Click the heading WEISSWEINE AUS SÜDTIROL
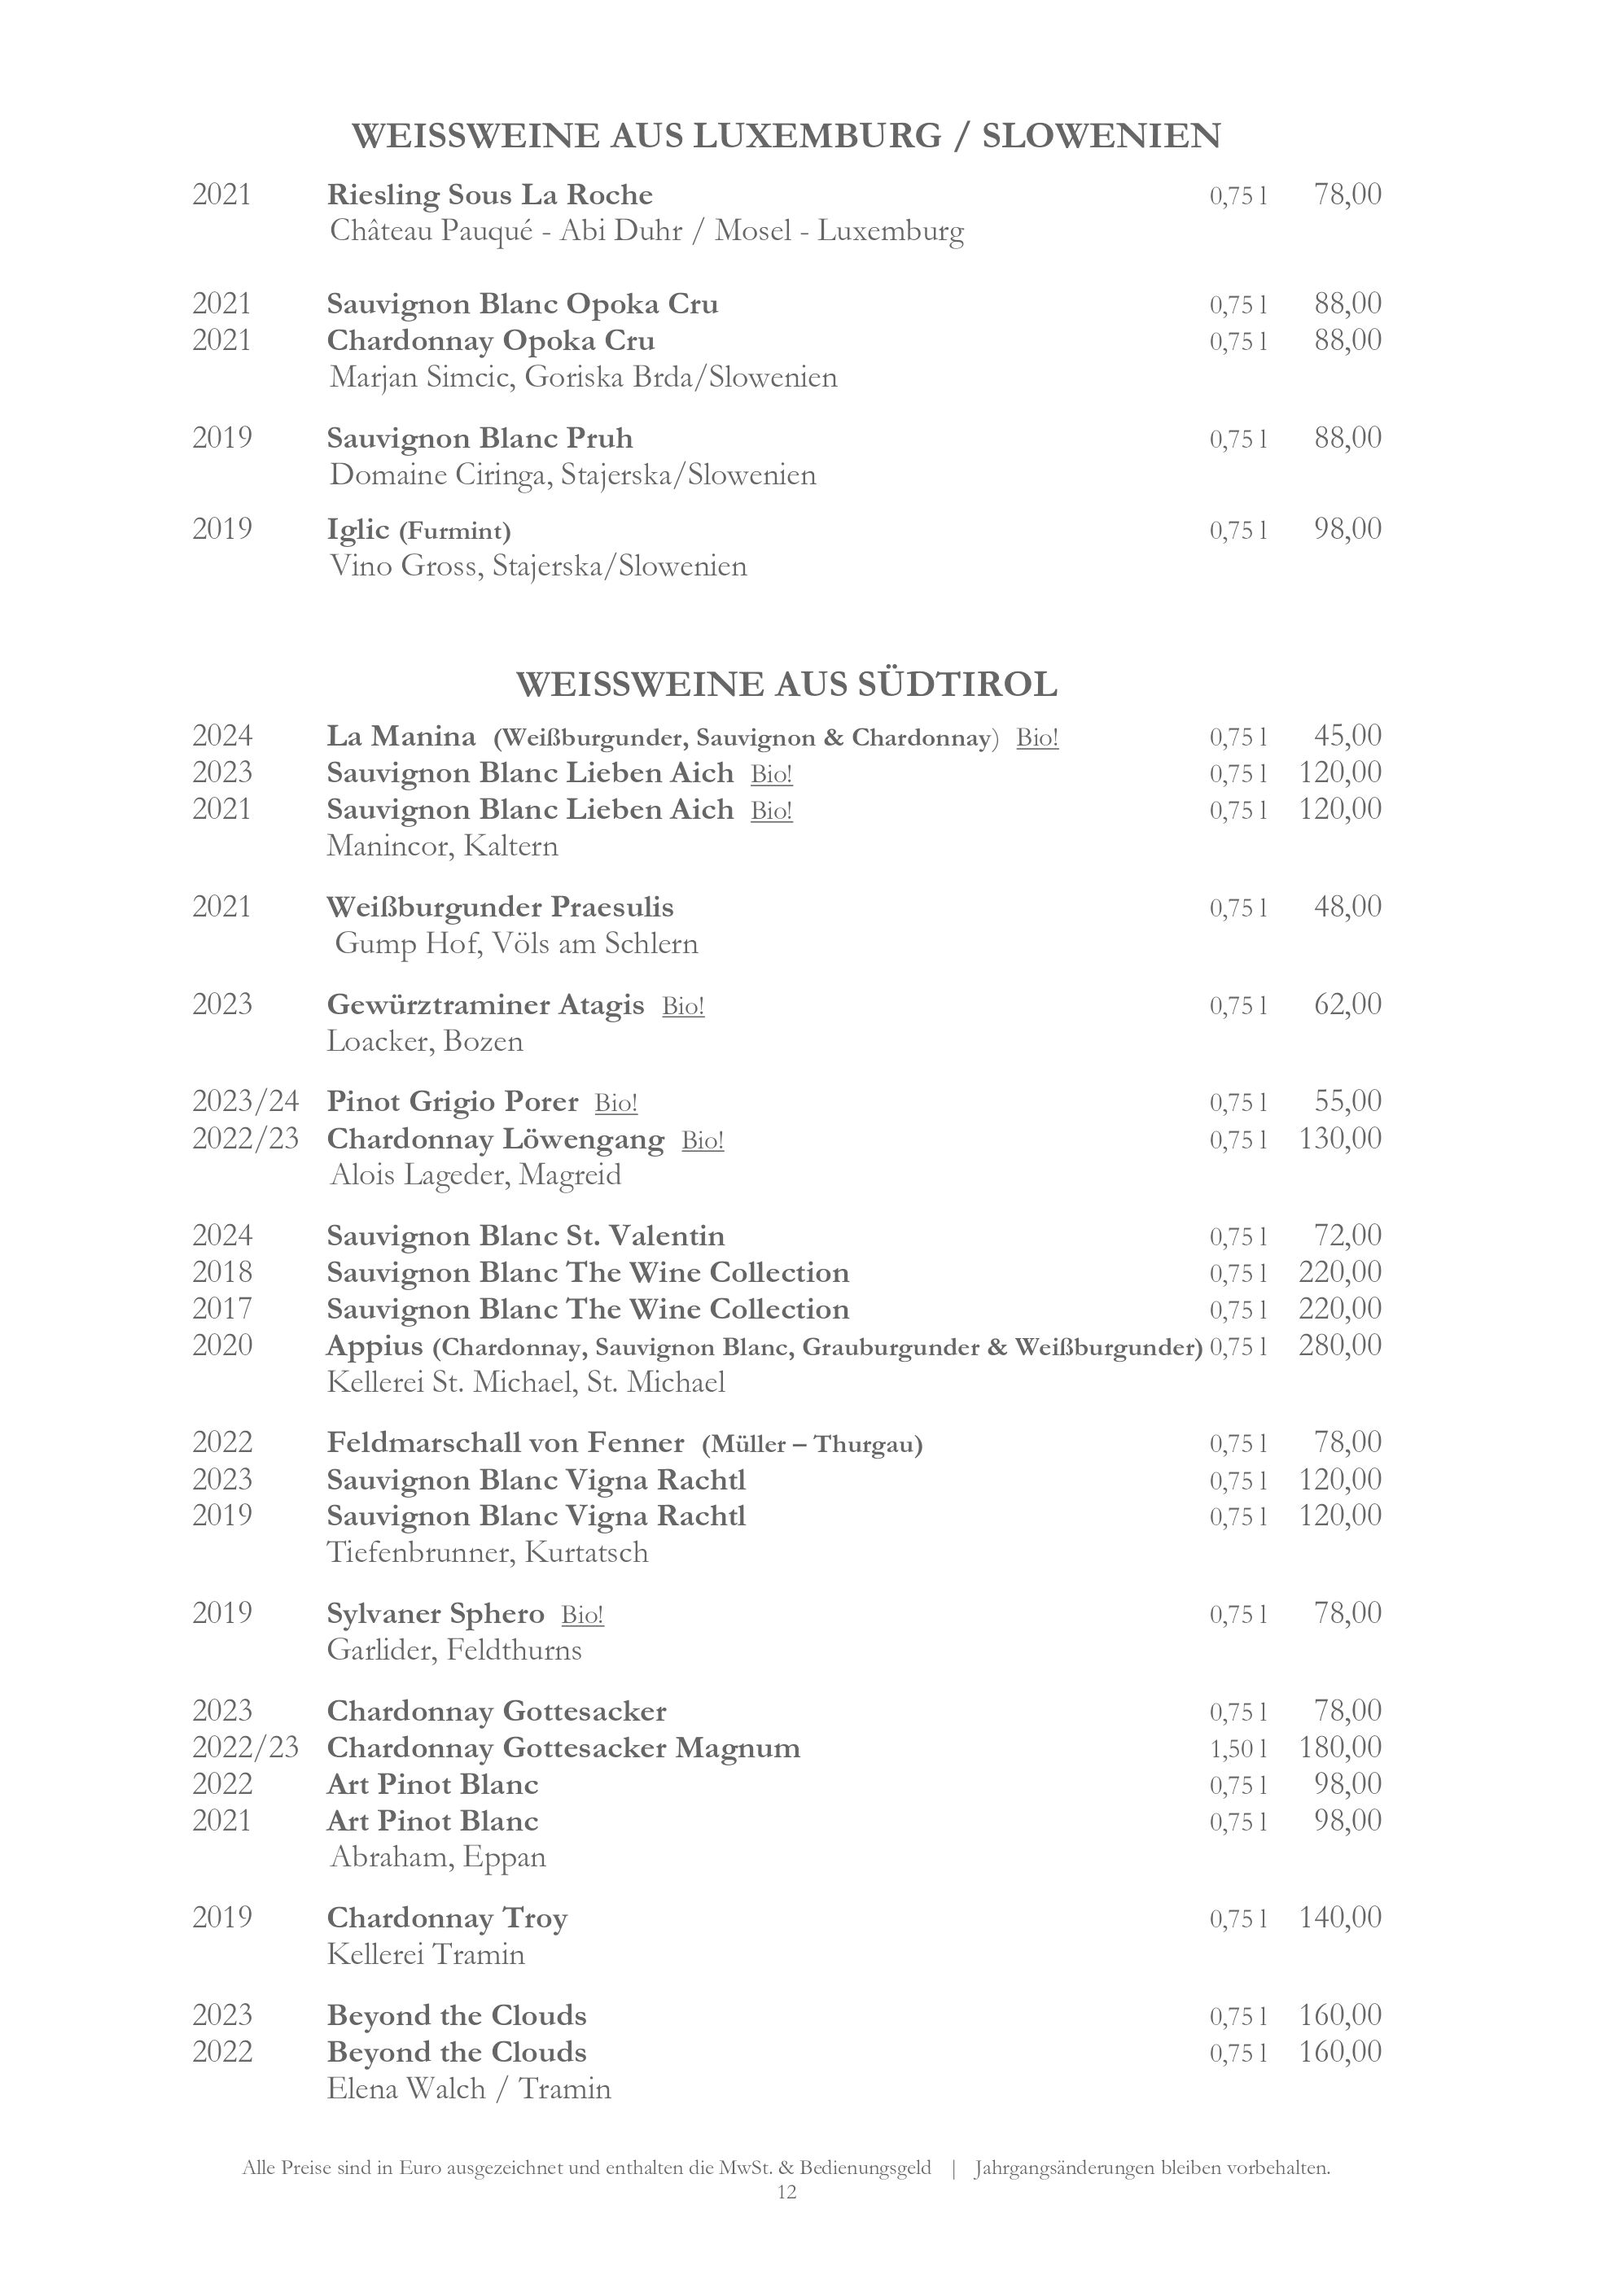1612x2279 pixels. (x=786, y=684)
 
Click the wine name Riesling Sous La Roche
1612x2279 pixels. (x=489, y=195)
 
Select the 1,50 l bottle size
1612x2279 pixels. (x=1237, y=1748)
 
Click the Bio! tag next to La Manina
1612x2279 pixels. (x=1037, y=737)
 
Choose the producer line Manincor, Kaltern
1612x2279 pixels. (x=443, y=846)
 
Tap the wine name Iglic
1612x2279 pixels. (x=358, y=529)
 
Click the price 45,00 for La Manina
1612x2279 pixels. (x=1347, y=736)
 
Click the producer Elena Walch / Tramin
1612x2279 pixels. (x=468, y=2089)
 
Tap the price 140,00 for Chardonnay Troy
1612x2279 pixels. (x=1340, y=1917)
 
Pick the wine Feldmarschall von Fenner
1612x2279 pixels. (x=506, y=1442)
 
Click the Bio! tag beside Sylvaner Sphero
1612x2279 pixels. (x=581, y=1615)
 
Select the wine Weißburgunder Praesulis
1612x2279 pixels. (x=500, y=908)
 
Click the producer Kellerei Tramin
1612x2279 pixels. (x=426, y=1954)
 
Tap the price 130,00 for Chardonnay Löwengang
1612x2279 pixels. (x=1340, y=1138)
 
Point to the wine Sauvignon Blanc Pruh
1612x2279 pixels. (x=480, y=438)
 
